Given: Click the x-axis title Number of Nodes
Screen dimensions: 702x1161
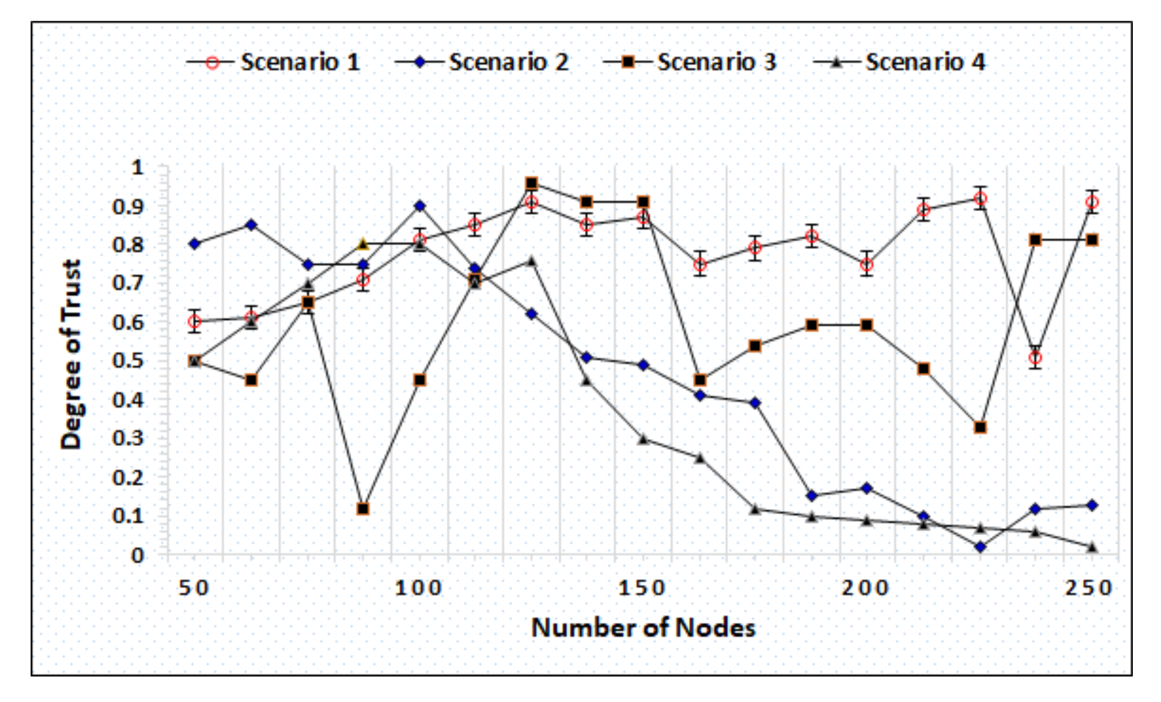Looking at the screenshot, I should [x=643, y=628].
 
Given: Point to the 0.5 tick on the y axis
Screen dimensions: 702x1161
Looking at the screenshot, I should [x=128, y=361].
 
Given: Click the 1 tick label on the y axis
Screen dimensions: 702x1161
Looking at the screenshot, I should [x=138, y=168].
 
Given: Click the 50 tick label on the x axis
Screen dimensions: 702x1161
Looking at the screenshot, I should [x=194, y=588].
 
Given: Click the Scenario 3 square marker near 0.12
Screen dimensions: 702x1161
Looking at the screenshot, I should [x=363, y=509].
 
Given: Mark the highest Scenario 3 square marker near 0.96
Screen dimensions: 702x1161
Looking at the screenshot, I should [x=532, y=183].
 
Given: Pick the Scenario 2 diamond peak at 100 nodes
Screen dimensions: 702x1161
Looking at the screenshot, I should [x=420, y=206].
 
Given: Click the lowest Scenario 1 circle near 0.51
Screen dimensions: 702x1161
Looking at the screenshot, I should [x=1035, y=358].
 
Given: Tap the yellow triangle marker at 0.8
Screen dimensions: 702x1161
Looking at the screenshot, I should [x=363, y=244].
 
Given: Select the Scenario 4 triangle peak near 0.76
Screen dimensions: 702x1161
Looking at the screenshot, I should [x=532, y=261].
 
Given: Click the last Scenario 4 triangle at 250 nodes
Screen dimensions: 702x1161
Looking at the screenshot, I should [x=1092, y=547].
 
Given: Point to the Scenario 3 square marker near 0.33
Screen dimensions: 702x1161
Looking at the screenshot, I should [x=980, y=428].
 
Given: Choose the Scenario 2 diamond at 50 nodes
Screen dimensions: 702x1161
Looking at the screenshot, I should [x=195, y=244].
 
